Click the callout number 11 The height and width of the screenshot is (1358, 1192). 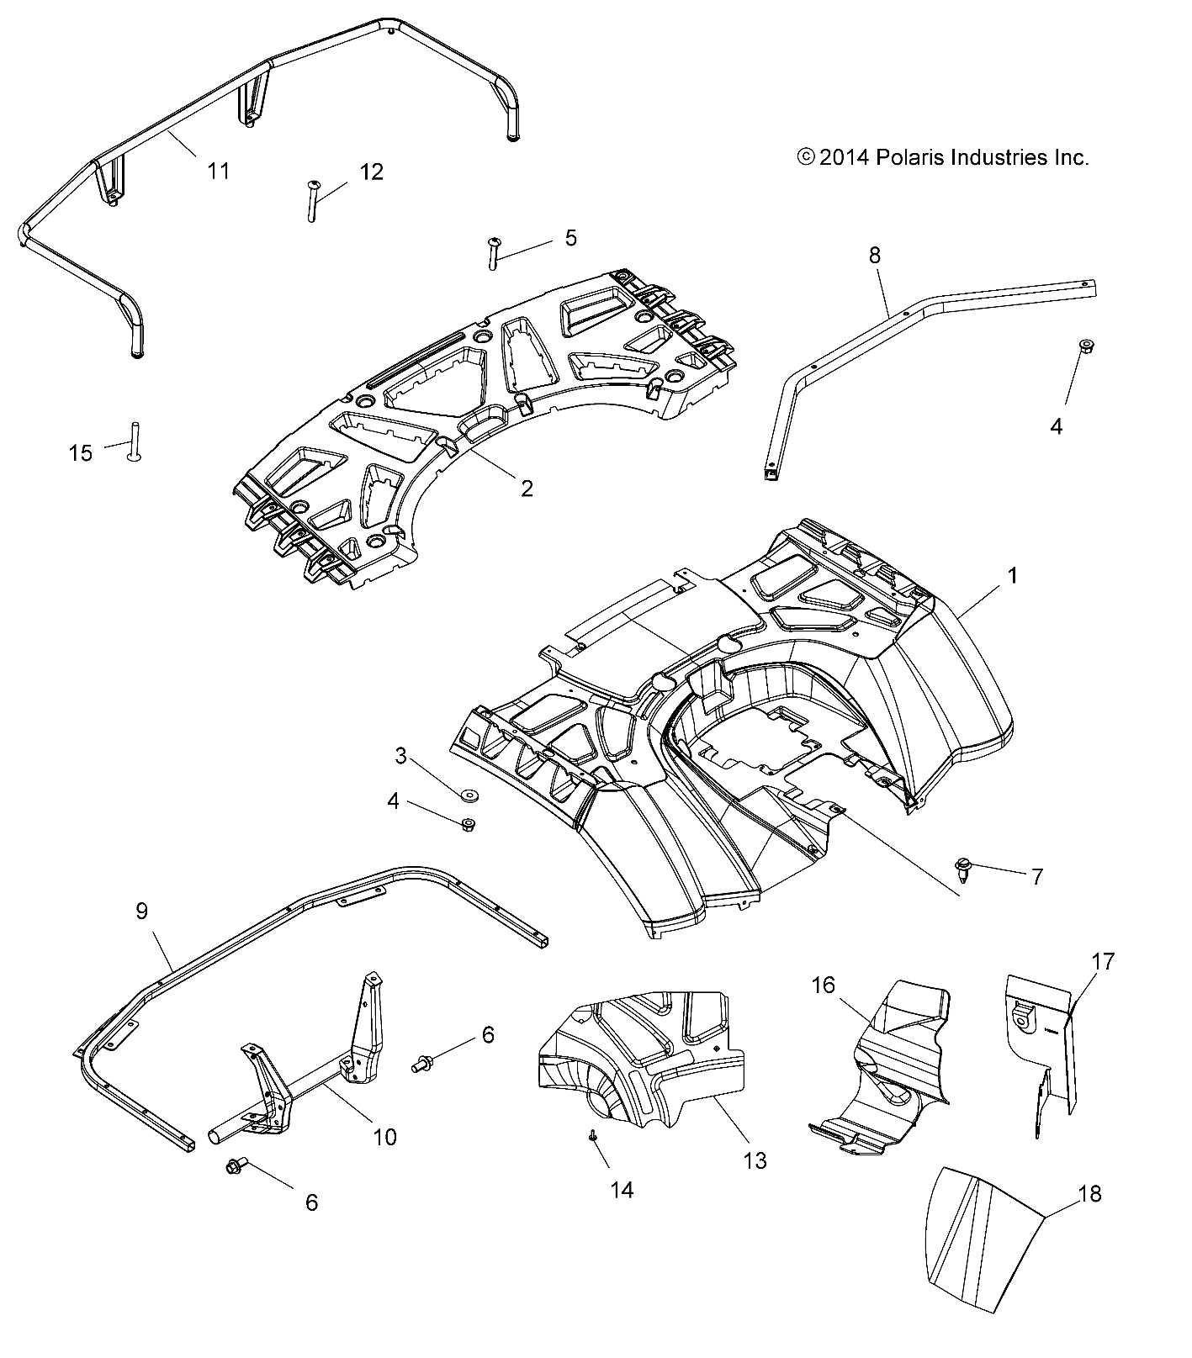tap(219, 171)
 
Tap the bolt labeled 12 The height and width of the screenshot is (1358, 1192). tap(312, 201)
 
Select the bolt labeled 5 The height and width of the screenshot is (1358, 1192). tap(494, 252)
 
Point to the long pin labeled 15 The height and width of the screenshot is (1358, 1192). tap(133, 440)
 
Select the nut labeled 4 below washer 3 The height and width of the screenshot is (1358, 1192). tap(469, 825)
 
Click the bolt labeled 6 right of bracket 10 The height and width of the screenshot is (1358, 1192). tap(420, 1064)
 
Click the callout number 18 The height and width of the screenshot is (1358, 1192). tap(1089, 1193)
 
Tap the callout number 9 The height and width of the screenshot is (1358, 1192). tap(141, 911)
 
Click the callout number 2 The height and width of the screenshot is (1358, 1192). tap(527, 489)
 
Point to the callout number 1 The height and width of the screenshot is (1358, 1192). tap(1013, 576)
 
